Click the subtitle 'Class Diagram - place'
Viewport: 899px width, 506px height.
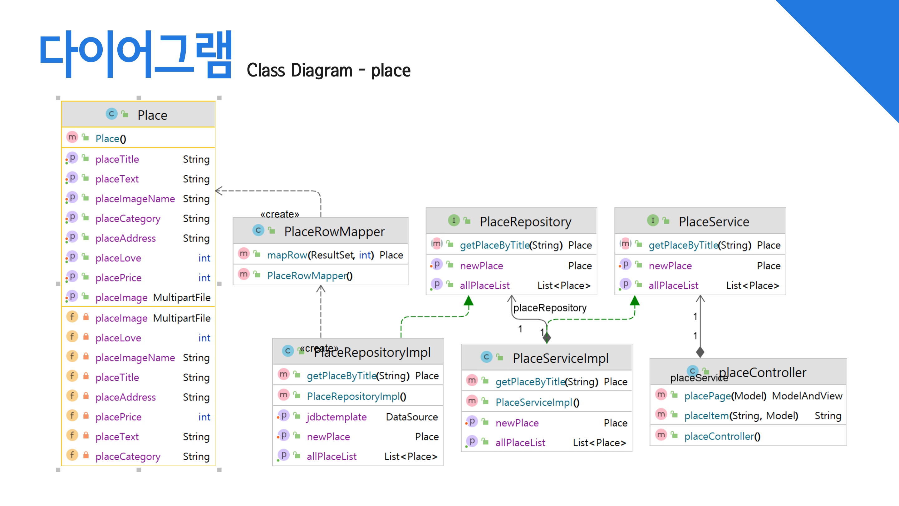coord(328,70)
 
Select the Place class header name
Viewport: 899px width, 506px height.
coord(152,115)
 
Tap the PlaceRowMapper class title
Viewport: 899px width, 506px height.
coord(334,231)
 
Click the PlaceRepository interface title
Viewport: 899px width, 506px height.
coord(525,221)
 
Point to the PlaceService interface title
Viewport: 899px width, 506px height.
coord(714,221)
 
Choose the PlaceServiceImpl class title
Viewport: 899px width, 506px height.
coord(561,358)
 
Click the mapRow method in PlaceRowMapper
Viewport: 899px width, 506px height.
coord(287,255)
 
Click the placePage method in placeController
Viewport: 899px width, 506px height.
coord(707,396)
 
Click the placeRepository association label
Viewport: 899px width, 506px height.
coord(550,308)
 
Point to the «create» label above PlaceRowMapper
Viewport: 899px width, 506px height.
coord(280,214)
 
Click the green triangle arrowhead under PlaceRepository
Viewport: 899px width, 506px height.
coord(468,301)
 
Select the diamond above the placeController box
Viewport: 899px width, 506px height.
coord(700,352)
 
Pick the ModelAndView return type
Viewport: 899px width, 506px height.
coord(807,396)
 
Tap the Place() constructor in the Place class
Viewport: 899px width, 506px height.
coord(111,139)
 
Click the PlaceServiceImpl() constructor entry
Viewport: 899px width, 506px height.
coord(537,402)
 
